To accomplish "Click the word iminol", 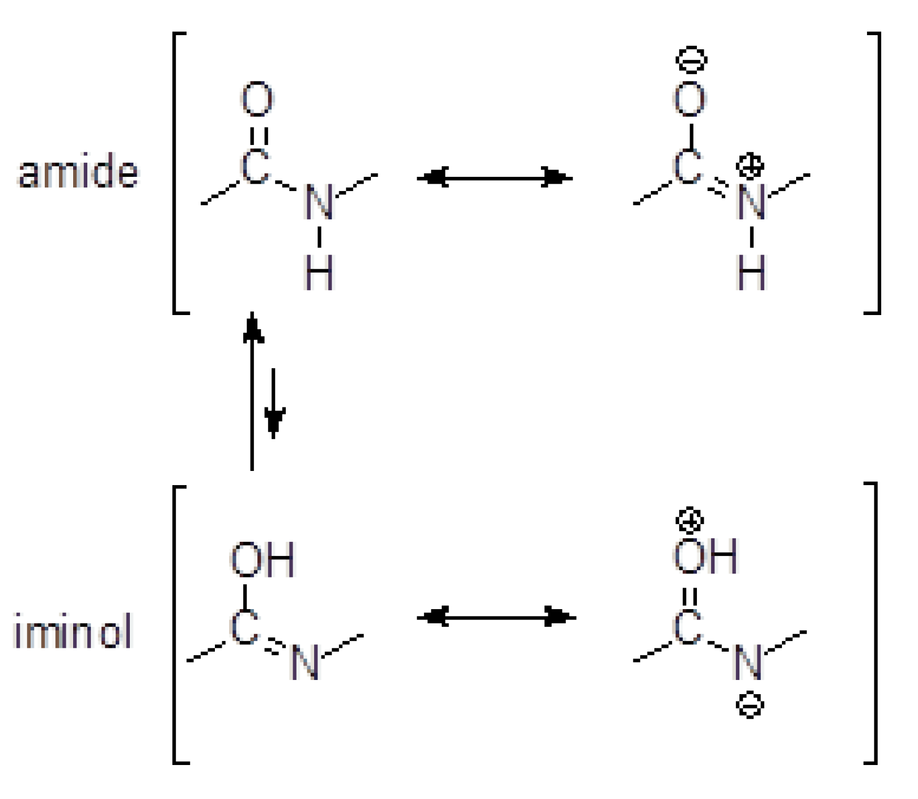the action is click(x=72, y=631).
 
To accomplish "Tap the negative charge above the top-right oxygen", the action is click(x=691, y=60).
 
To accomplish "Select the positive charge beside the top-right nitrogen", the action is click(x=750, y=165).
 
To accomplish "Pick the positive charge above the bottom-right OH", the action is click(x=689, y=520).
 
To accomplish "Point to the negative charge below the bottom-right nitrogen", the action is click(x=750, y=705).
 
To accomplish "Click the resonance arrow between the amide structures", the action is click(x=494, y=178).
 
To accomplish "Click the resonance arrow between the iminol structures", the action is click(x=496, y=617).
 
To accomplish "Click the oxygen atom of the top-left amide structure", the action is click(x=257, y=99).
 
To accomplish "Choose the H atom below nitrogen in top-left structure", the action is click(x=319, y=273).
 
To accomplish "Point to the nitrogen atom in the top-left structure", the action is click(x=319, y=202).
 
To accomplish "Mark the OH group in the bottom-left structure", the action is click(x=262, y=560).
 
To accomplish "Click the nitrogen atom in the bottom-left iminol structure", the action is click(x=305, y=662).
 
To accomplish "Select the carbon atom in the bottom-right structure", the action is click(x=687, y=627).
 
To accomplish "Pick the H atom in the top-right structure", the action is click(x=751, y=273).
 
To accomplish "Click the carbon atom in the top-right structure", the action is click(x=687, y=167).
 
